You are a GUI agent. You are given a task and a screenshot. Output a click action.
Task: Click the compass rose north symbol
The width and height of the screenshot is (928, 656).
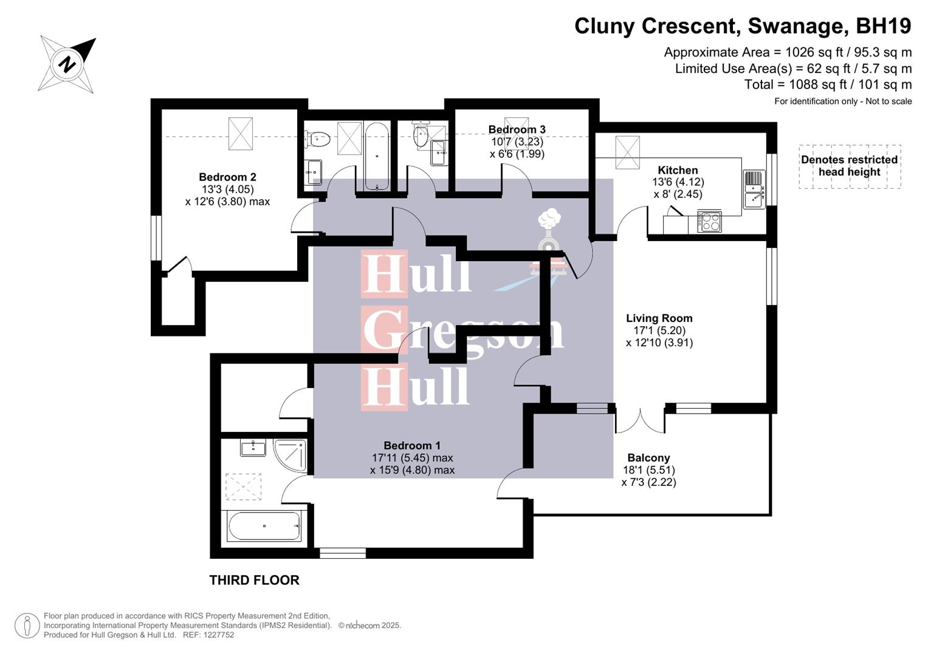point(67,64)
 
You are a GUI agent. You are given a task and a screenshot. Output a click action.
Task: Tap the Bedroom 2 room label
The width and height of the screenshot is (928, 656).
point(227,177)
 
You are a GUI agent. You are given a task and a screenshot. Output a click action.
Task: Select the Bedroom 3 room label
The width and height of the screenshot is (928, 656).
point(517,129)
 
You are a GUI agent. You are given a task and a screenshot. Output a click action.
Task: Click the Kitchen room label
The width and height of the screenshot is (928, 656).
point(678,171)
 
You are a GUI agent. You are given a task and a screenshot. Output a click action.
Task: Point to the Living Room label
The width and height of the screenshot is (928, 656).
point(659,318)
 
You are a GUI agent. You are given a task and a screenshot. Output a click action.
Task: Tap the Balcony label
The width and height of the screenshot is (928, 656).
point(648,458)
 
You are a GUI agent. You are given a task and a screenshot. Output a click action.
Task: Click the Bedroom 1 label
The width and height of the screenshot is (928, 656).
point(412,446)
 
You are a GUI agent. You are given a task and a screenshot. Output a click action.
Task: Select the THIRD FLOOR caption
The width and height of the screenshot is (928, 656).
point(254,580)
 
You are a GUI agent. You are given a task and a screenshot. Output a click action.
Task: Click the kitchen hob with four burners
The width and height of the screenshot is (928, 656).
point(710,222)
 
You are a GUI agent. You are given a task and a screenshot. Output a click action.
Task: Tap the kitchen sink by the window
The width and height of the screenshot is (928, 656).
point(754,189)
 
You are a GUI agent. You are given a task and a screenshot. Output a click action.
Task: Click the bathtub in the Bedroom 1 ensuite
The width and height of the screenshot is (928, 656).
point(264,527)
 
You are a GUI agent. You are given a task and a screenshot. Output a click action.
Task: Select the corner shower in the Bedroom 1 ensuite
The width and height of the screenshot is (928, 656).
point(290,455)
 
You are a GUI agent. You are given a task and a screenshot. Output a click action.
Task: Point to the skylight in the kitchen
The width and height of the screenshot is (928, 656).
point(627,152)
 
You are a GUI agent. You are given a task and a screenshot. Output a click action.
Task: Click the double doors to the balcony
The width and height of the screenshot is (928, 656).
point(640,421)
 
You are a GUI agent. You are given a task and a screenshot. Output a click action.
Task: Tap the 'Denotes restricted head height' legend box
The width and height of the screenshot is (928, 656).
point(849,166)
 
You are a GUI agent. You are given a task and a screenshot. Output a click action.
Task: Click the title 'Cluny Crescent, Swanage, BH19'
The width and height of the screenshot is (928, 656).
point(743,26)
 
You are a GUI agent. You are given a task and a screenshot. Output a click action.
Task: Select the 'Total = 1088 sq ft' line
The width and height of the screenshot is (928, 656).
point(828,84)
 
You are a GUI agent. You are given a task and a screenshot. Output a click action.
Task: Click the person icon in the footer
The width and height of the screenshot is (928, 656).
point(27,626)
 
